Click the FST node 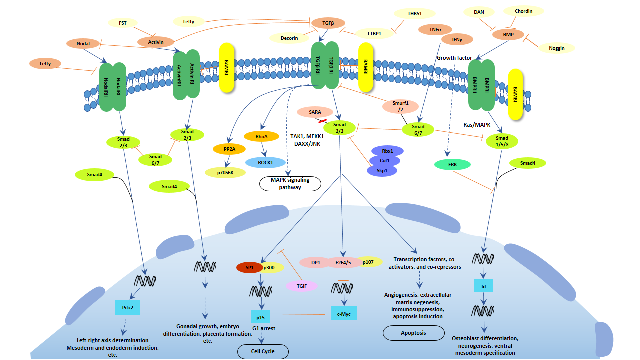123,23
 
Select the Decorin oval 289,38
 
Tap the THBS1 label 414,14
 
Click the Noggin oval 556,48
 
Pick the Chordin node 523,11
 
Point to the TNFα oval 435,30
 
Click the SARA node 315,112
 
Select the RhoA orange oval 261,136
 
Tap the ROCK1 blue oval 265,162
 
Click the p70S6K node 225,172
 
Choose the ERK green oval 452,164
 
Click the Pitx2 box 127,307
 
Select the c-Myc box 344,313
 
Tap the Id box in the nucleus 483,285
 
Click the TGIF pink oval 301,286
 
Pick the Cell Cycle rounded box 263,351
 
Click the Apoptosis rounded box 413,333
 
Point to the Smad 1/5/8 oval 502,141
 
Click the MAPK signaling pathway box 290,184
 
